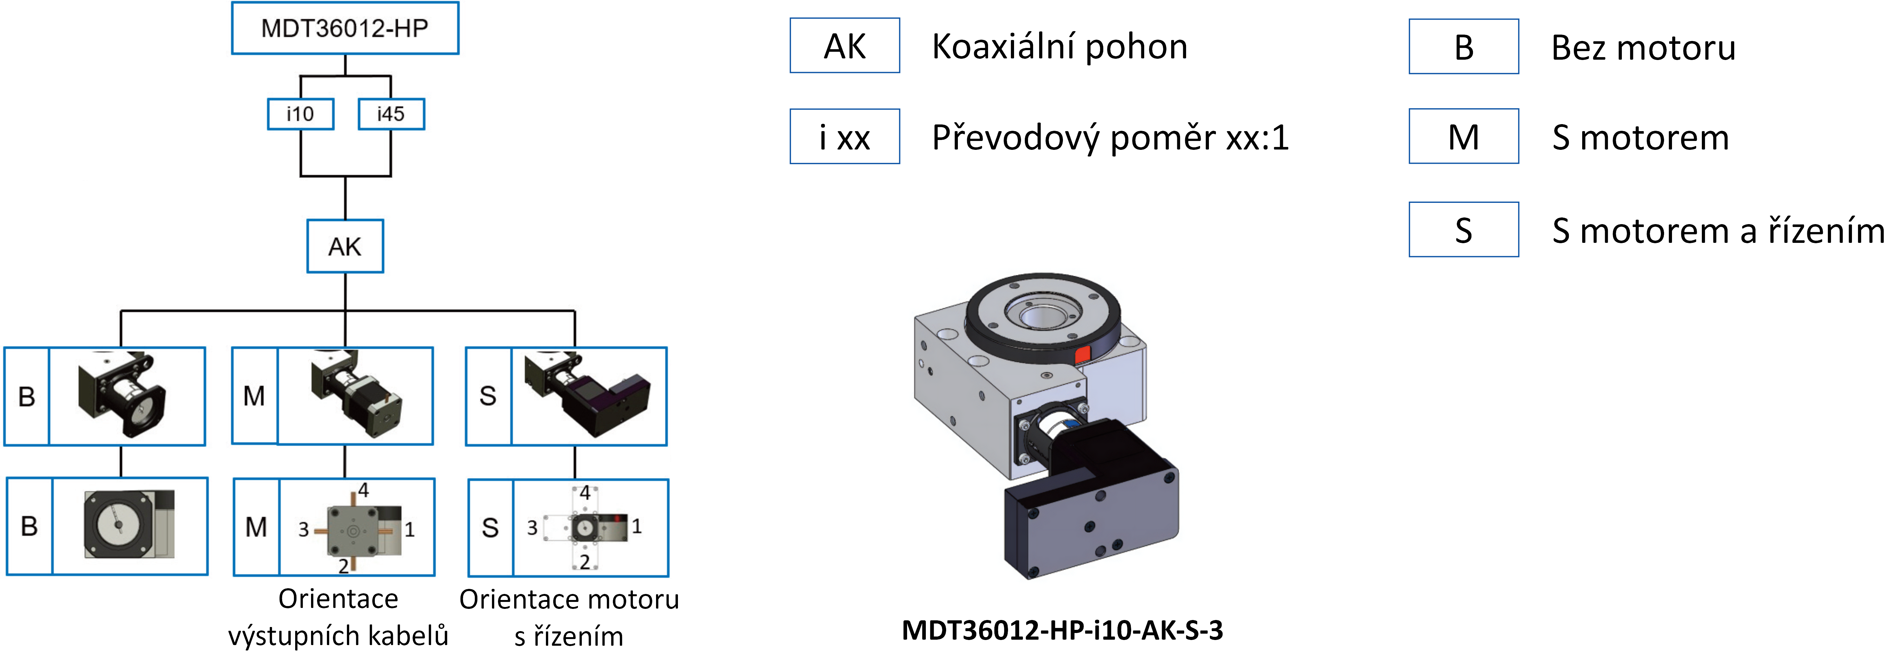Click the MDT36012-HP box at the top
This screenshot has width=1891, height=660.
tap(345, 28)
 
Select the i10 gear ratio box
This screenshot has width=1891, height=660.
tap(300, 114)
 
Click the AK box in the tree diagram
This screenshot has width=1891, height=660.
tap(345, 246)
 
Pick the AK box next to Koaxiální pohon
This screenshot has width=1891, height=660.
tap(845, 45)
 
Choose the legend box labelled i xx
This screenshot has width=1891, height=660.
tap(845, 137)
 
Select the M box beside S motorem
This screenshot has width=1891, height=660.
tap(1464, 137)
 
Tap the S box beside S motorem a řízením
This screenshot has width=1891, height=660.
tap(1464, 230)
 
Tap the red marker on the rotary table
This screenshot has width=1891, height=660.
tap(1082, 355)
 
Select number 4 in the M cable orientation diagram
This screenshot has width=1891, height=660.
tap(363, 490)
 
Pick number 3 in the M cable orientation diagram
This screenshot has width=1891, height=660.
tap(303, 529)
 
